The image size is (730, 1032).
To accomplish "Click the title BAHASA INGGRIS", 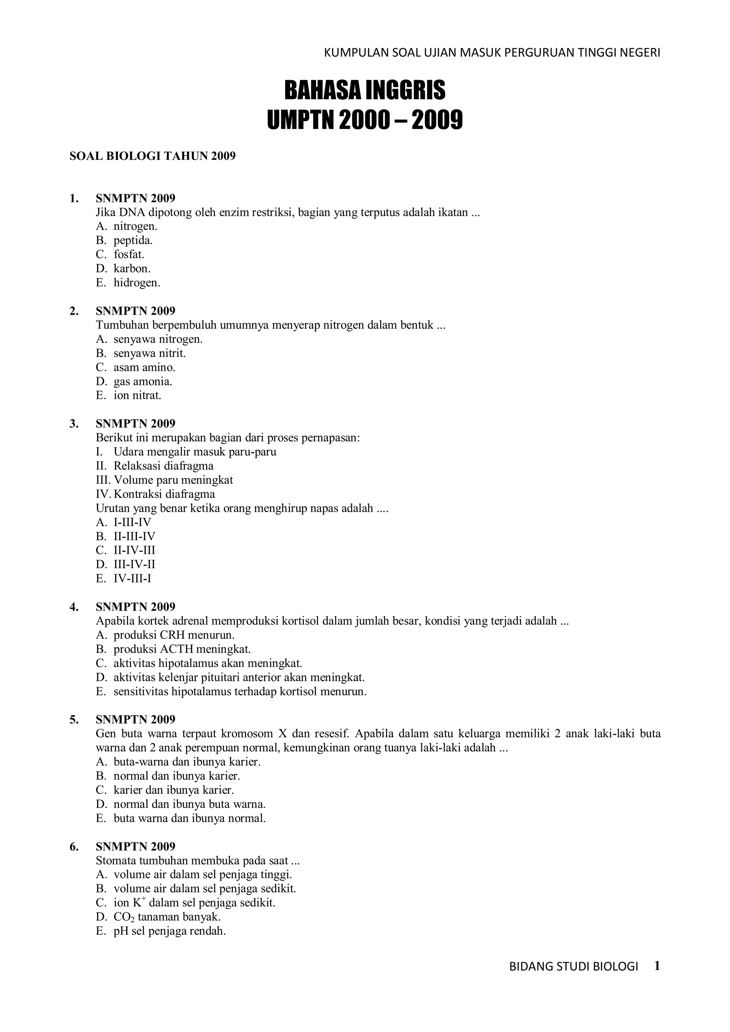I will click(x=365, y=90).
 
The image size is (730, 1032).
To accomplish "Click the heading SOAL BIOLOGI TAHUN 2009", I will click(x=153, y=156).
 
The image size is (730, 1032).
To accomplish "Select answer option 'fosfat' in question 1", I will click(x=129, y=254).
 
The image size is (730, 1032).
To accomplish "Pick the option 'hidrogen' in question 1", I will click(x=137, y=283).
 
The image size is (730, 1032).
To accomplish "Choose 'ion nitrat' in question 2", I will click(x=137, y=396).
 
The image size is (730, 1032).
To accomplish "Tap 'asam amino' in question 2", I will click(x=144, y=367).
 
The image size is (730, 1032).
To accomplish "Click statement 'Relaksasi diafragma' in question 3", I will click(x=163, y=466).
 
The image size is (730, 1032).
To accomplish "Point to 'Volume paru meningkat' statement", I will click(x=173, y=480).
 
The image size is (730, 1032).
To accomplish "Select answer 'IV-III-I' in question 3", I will click(x=132, y=578).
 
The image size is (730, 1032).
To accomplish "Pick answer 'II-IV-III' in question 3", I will click(x=134, y=550).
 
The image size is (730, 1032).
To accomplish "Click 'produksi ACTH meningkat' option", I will click(x=182, y=649).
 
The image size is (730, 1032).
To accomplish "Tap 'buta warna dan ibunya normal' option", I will click(x=189, y=818).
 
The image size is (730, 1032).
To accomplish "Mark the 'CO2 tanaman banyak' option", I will click(x=167, y=917).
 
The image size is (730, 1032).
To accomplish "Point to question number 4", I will click(x=73, y=607).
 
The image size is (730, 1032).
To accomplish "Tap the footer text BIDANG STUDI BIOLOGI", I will click(x=574, y=967).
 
